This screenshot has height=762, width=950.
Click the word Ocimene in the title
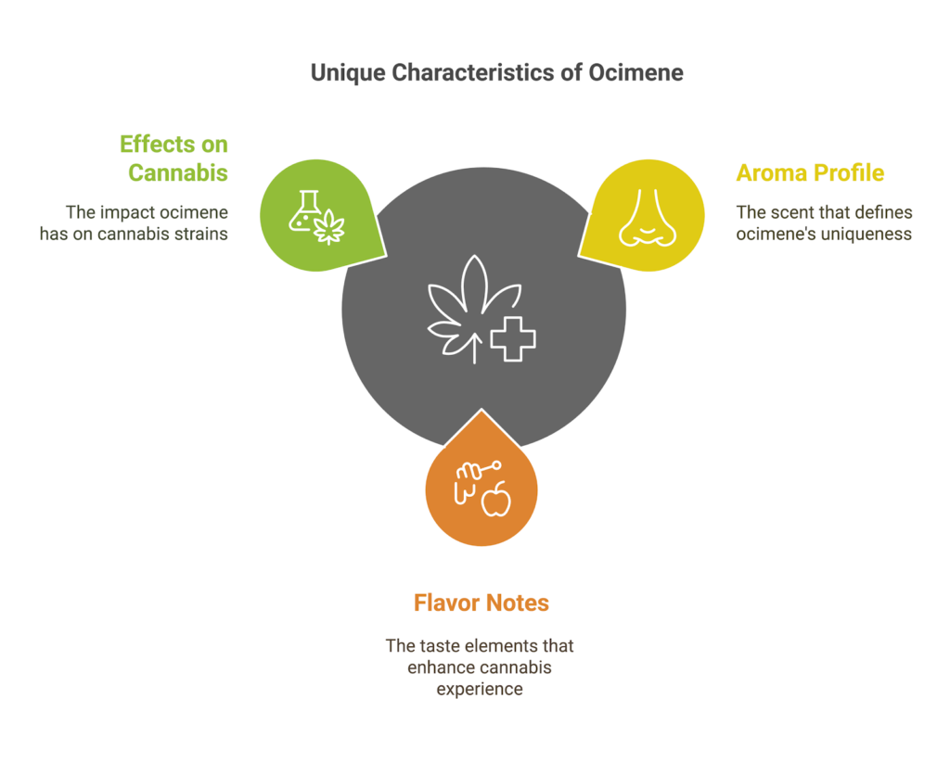[x=635, y=72]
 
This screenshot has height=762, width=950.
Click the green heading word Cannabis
[x=178, y=173]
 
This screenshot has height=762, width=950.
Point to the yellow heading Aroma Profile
[x=810, y=173]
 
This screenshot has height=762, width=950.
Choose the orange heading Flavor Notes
[x=481, y=603]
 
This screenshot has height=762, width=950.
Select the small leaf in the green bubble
[x=328, y=228]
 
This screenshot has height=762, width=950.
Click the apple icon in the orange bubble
[x=496, y=501]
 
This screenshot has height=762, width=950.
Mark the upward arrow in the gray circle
[x=475, y=346]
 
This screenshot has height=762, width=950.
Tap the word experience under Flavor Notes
[x=480, y=690]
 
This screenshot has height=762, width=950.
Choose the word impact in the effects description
[x=127, y=213]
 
